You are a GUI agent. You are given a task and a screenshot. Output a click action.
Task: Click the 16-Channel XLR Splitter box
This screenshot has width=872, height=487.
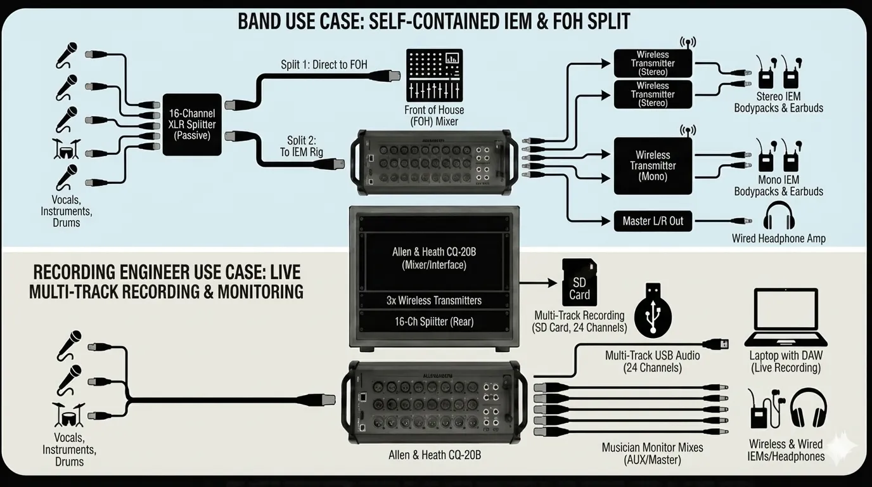[x=191, y=124]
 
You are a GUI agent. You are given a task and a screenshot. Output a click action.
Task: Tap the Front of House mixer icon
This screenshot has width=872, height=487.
[x=434, y=74]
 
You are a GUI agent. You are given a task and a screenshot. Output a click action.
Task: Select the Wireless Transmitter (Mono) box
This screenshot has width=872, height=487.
[x=653, y=166]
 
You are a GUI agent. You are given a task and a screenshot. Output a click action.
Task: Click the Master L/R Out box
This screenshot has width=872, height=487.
[x=653, y=221]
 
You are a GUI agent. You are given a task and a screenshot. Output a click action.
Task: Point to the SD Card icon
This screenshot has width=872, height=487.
[x=579, y=282]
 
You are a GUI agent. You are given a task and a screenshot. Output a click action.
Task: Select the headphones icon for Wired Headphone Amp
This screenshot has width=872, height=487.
[x=779, y=217]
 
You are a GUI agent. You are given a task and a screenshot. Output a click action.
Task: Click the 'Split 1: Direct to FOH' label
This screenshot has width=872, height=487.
[x=324, y=65]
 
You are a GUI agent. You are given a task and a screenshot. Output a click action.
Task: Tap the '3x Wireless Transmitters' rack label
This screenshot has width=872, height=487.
[x=434, y=301]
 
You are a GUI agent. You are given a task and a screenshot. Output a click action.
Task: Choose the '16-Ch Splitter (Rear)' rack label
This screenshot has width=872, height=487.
[x=434, y=321]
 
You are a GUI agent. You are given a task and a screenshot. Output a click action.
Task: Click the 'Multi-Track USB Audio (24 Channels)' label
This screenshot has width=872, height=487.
[x=652, y=361]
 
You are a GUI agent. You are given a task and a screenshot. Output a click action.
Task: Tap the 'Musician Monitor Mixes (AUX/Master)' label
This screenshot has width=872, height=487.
[x=652, y=453]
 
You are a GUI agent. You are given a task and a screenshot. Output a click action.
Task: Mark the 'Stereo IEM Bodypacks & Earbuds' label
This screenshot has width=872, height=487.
[x=778, y=102]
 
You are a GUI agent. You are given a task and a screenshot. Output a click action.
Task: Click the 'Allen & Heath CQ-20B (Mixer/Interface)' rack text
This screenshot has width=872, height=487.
[x=434, y=258]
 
